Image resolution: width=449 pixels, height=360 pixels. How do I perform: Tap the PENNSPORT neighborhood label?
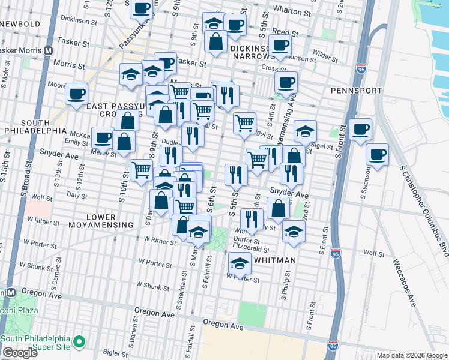click(x=356, y=91)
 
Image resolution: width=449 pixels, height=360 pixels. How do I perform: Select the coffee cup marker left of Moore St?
click(x=77, y=94)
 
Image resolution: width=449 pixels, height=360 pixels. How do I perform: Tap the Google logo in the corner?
click(x=20, y=353)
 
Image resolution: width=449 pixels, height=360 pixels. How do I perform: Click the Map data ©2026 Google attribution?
click(x=412, y=356)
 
